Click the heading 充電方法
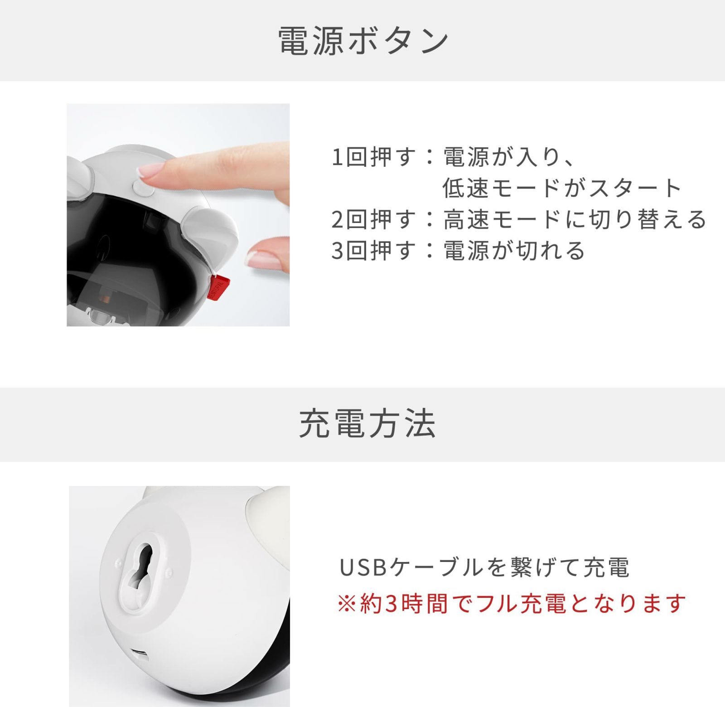coord(367,424)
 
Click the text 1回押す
coord(372,157)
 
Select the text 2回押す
coord(372,219)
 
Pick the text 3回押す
coord(372,251)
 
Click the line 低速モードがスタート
coord(562,188)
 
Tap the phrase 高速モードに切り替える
coord(575,219)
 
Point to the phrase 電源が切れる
coord(514,251)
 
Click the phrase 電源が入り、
coord(510,157)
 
